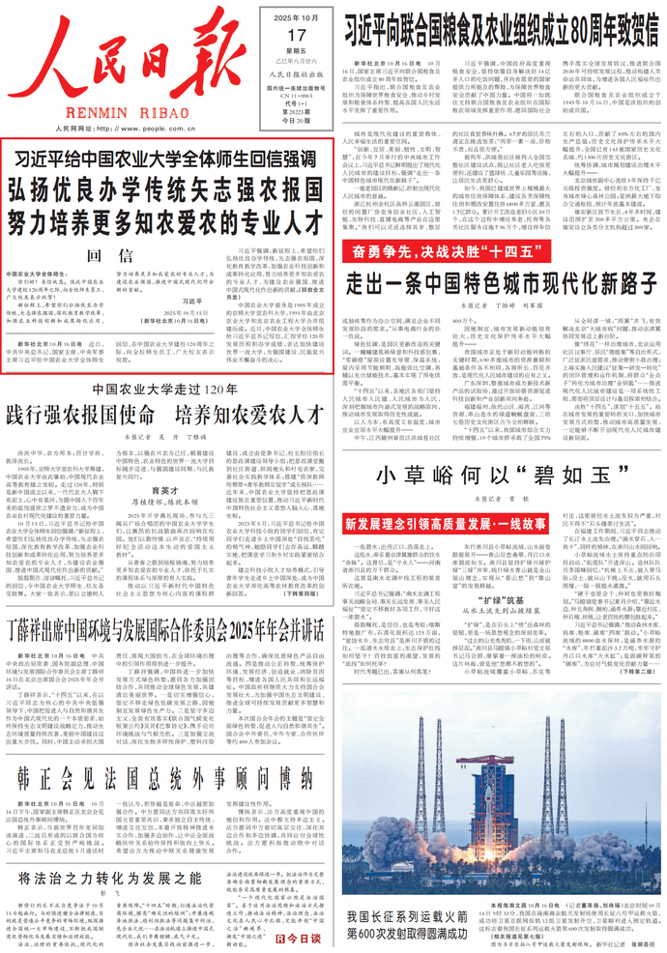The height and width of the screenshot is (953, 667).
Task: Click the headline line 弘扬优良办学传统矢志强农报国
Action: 168,189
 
